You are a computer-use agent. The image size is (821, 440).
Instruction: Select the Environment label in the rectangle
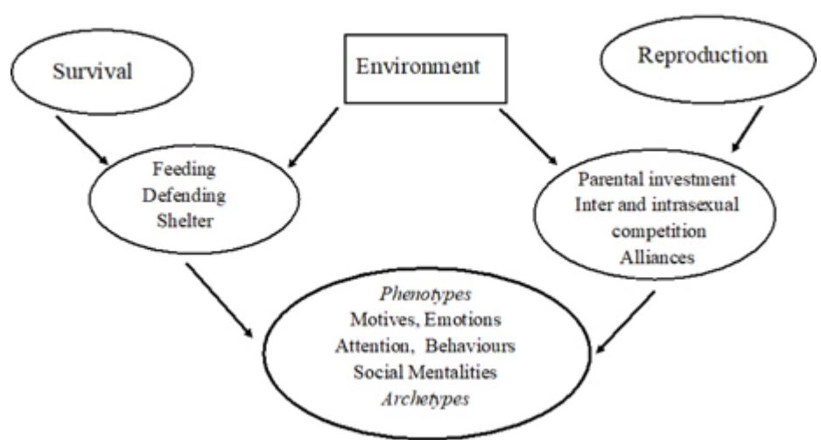click(420, 67)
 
